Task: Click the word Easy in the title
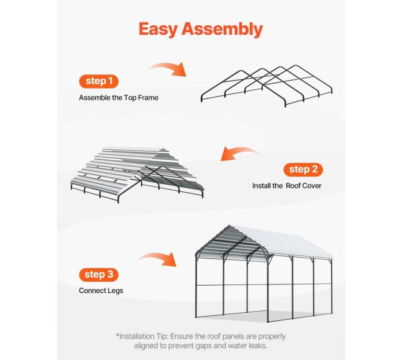[158, 29]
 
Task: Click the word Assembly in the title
[223, 29]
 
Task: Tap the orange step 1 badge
[99, 81]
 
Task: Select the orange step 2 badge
[303, 170]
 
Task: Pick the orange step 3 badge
[99, 274]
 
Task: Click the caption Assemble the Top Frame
[118, 98]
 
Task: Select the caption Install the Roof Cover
[287, 186]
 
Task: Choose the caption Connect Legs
[101, 291]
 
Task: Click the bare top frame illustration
[267, 86]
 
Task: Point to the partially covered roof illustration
[138, 175]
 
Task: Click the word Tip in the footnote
[162, 336]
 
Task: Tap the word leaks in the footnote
[258, 346]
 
